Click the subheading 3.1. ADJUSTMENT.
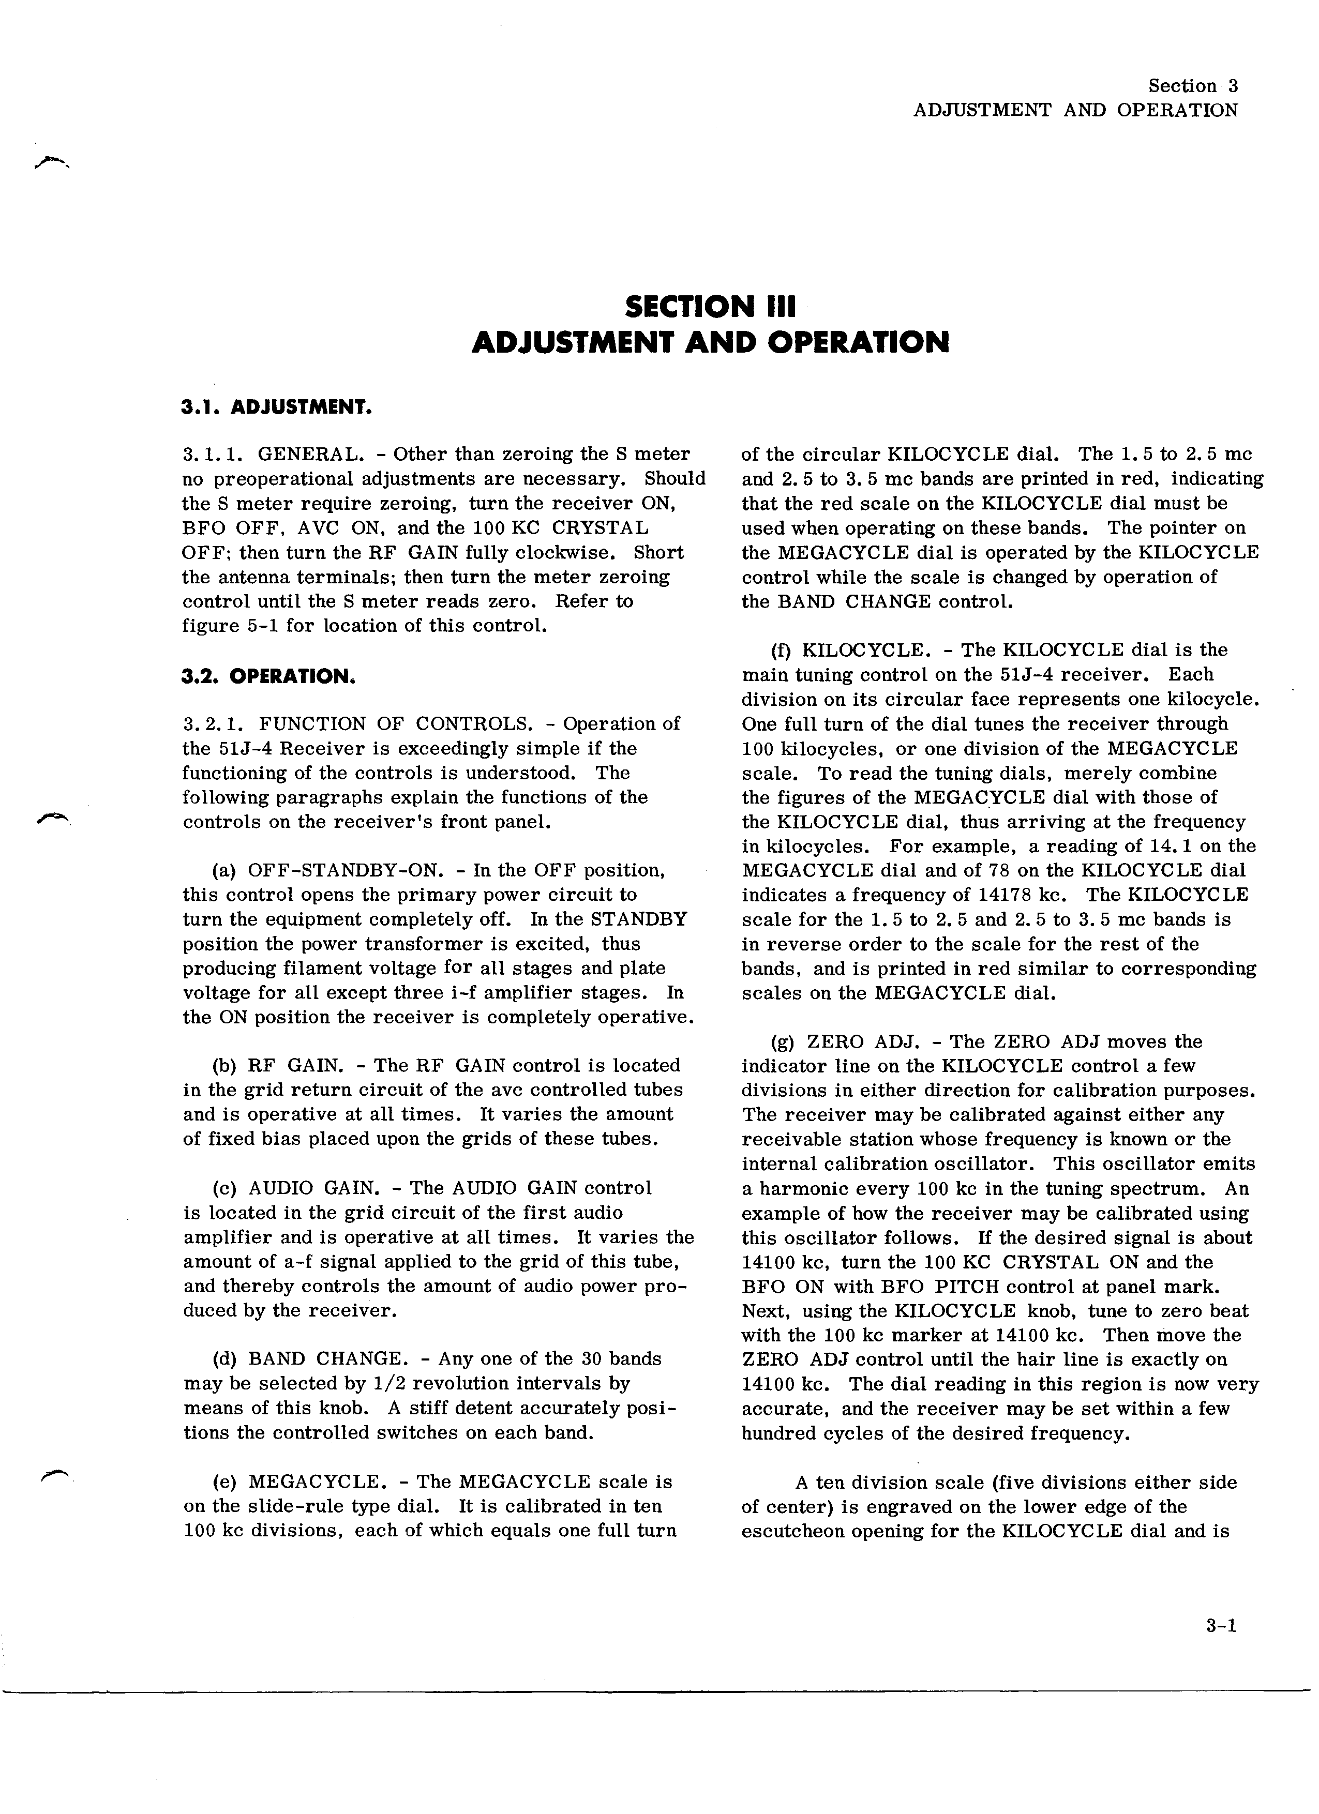click(277, 408)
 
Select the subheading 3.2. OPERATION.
click(269, 677)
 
